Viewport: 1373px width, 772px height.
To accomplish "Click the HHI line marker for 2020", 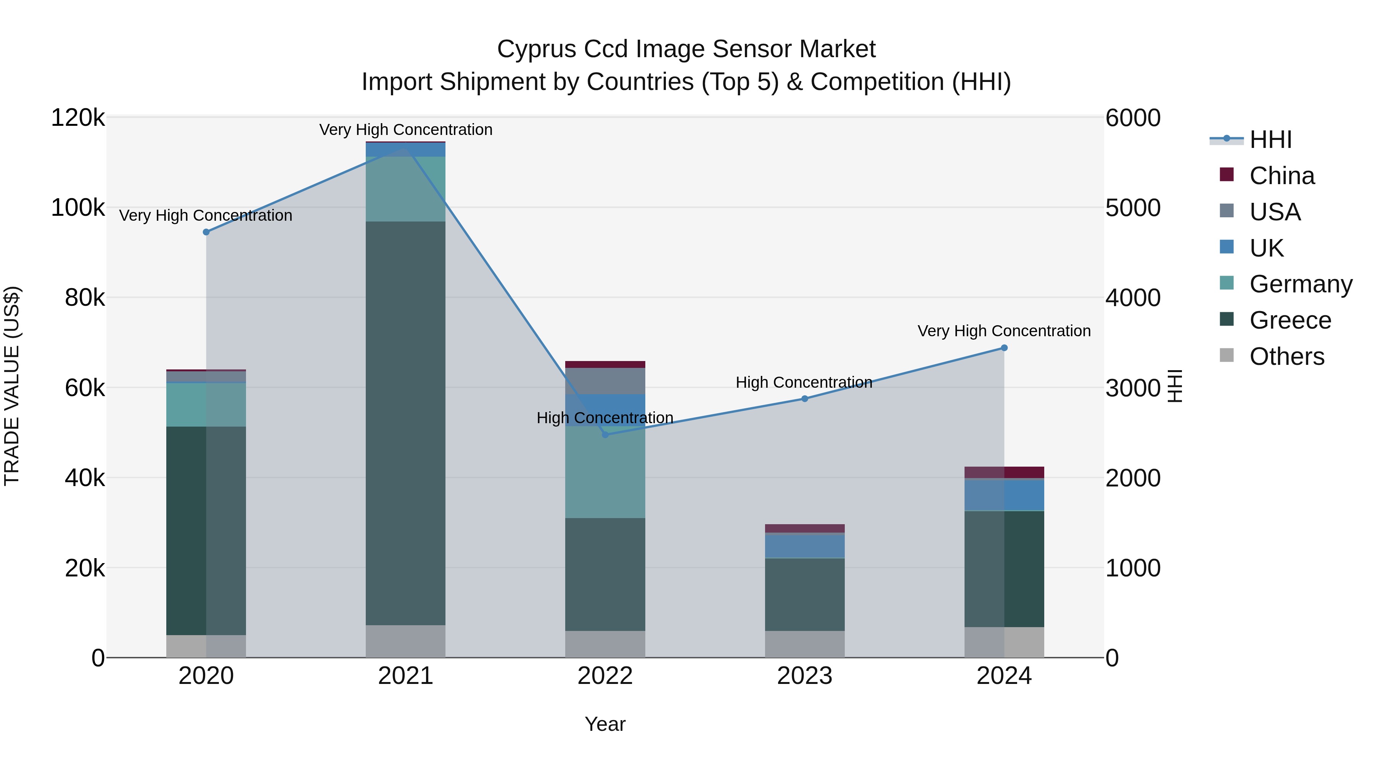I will tap(206, 232).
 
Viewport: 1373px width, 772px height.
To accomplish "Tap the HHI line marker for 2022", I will tap(605, 435).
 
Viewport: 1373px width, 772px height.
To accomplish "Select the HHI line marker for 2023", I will tap(805, 398).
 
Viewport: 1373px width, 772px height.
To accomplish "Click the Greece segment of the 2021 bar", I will tap(406, 423).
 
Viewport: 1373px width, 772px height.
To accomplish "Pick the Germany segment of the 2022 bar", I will tap(605, 474).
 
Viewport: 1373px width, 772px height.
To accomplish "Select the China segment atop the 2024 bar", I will tap(1004, 472).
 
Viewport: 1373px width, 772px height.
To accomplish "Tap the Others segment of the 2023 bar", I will tap(805, 644).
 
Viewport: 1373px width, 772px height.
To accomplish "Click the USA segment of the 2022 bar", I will tap(605, 381).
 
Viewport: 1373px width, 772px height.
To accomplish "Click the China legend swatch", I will tap(1227, 175).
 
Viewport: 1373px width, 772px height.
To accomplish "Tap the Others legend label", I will tap(1287, 356).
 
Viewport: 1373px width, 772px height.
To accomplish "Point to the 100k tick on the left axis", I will tap(78, 207).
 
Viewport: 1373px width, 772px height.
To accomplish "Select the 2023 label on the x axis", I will tap(805, 676).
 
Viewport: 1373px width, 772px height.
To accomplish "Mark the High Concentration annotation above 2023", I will tap(804, 382).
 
